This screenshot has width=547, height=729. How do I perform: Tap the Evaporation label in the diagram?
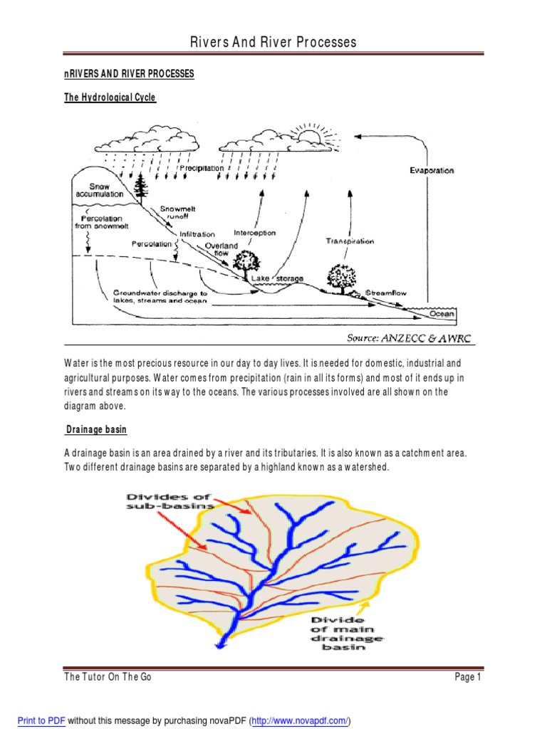point(431,171)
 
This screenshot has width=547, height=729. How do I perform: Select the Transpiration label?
point(350,241)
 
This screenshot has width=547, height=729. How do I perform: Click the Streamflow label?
point(387,293)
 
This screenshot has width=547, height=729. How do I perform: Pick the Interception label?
point(254,233)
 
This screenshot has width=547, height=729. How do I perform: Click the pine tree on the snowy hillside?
point(141,187)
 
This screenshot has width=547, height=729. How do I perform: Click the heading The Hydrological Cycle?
point(110,98)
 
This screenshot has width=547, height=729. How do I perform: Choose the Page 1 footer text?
point(468,678)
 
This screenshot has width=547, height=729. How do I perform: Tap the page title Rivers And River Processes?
point(273,43)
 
